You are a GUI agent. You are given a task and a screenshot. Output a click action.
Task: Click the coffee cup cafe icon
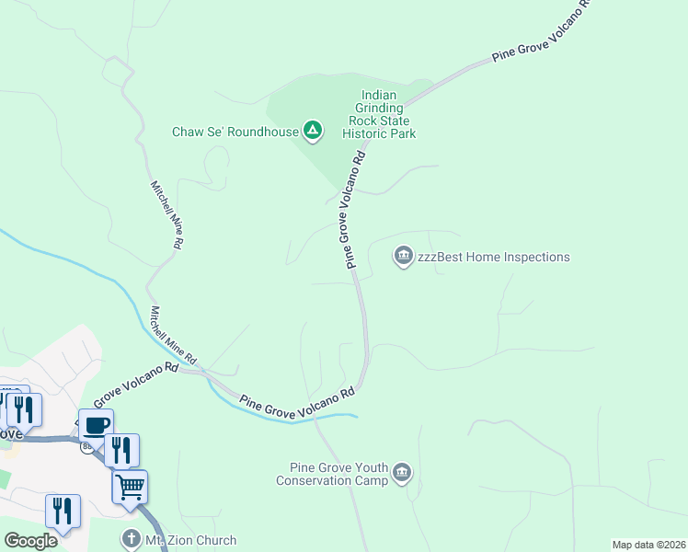96,425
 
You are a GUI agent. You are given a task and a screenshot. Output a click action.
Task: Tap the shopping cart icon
130,486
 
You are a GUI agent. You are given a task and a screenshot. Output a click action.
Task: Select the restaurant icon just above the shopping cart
121,450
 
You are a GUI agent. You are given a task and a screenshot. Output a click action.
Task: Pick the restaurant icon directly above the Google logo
63,510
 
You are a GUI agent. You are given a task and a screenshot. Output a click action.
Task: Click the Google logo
30,541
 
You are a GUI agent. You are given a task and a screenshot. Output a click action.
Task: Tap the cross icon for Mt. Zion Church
132,540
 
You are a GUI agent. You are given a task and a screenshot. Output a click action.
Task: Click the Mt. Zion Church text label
191,540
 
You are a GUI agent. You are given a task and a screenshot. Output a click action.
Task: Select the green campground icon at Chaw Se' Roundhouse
313,132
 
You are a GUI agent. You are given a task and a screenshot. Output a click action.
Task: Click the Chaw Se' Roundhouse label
235,132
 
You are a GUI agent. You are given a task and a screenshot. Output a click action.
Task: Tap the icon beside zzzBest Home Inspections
403,257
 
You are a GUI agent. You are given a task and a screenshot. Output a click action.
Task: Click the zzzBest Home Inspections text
494,257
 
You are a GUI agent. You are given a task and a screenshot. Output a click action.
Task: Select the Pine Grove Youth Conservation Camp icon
402,473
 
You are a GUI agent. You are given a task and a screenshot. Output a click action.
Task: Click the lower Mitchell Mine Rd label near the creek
174,334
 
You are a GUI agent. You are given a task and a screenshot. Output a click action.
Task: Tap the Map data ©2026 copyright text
648,545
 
